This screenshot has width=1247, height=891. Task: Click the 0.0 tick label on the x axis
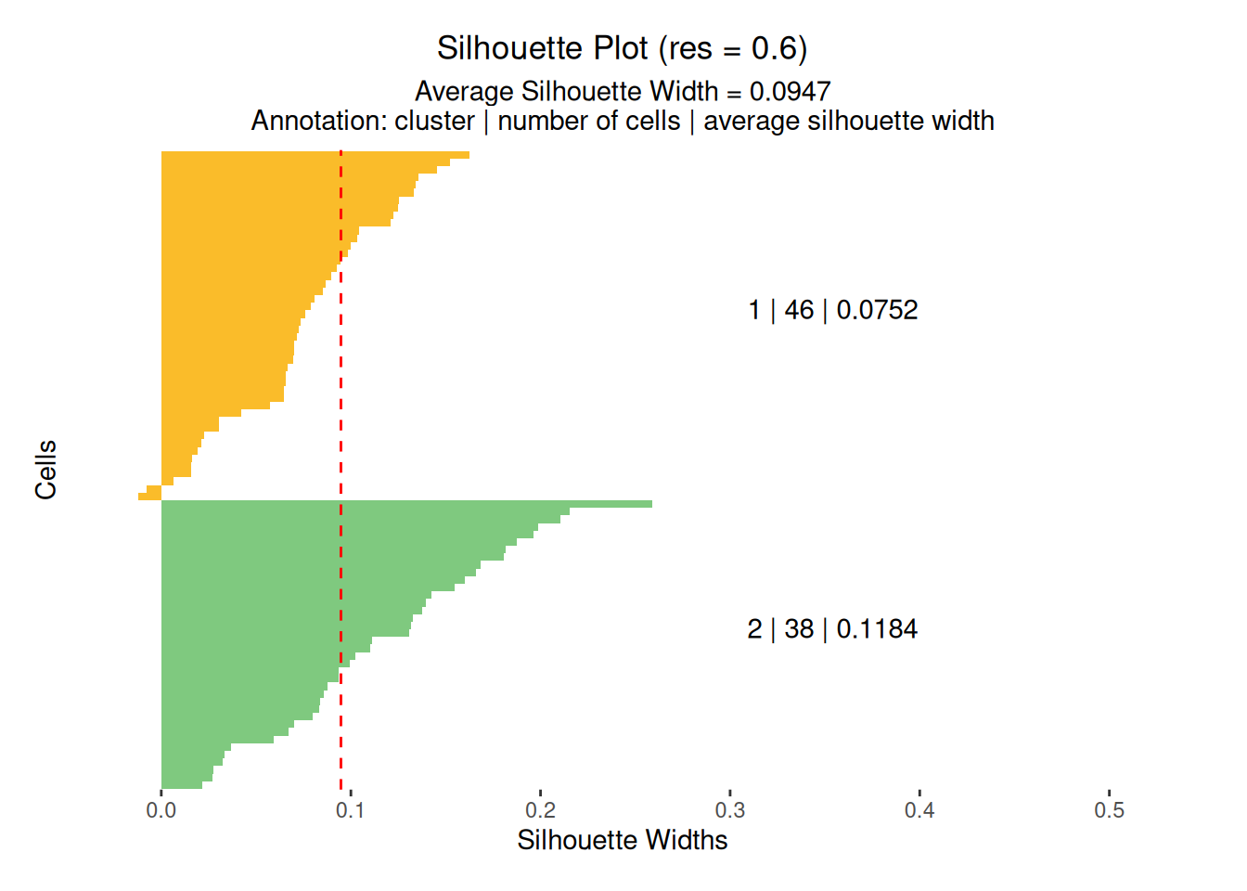[x=161, y=810]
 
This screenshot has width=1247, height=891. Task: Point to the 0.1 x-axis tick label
[x=350, y=810]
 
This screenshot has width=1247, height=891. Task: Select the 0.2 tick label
[x=540, y=810]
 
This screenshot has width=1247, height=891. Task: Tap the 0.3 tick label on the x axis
[x=730, y=810]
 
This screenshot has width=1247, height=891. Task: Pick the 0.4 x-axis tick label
[x=919, y=810]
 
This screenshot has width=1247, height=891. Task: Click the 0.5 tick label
[x=1109, y=810]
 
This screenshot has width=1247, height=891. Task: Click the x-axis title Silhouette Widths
[x=622, y=840]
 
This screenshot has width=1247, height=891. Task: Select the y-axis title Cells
[x=46, y=470]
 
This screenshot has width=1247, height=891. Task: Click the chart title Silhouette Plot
[x=542, y=48]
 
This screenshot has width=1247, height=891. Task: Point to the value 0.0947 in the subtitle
[x=790, y=91]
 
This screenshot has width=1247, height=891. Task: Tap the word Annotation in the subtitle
[x=316, y=121]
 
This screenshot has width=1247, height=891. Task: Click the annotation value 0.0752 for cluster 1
[x=877, y=310]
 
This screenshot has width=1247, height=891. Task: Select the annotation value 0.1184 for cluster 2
[x=877, y=629]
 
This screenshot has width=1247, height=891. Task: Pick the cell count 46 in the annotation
[x=799, y=310]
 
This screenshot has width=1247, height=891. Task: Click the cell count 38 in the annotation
[x=799, y=629]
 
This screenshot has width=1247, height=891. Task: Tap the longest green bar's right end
[x=649, y=504]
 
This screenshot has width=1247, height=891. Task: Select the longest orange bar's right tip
[x=467, y=155]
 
